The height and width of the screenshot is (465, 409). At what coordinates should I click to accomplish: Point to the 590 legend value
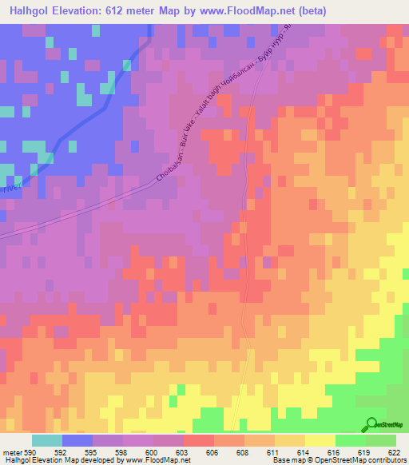(x=30, y=452)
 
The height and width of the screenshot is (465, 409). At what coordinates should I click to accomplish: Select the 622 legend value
(x=395, y=452)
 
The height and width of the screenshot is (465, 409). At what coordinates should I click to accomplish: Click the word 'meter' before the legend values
(x=10, y=452)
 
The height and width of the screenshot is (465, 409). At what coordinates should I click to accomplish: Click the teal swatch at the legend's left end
(x=46, y=440)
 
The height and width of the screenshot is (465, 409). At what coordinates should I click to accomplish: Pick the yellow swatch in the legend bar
(x=320, y=440)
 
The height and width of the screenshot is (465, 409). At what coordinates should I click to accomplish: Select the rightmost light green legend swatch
(x=380, y=440)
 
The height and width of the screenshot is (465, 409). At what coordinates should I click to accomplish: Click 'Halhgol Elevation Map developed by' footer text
(x=56, y=461)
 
